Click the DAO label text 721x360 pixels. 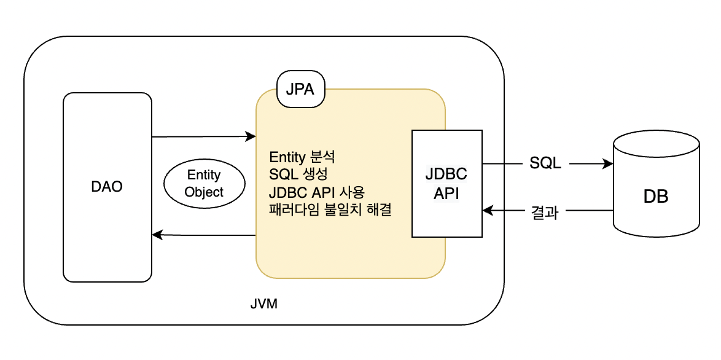[107, 186]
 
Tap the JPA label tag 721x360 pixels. [300, 89]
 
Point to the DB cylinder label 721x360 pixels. [655, 197]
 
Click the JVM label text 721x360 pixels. [264, 304]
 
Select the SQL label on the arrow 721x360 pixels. [545, 164]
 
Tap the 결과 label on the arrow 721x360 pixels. [544, 212]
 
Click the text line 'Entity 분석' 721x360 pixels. [302, 156]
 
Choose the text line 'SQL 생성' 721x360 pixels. [298, 174]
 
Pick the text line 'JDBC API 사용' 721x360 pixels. [317, 192]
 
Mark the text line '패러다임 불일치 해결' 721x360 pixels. [330, 209]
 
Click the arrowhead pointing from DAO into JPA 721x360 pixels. [251, 136]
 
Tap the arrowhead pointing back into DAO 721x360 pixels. [157, 235]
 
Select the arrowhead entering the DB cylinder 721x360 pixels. [609, 164]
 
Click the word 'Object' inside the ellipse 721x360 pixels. [204, 192]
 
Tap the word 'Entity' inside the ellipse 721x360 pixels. [204, 175]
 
